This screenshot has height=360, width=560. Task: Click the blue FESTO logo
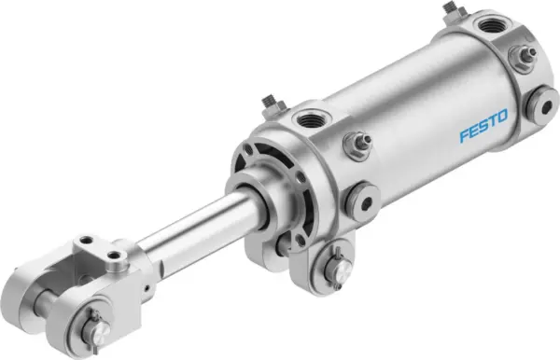coord(483,127)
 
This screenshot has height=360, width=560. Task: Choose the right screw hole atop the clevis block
coord(118,253)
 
